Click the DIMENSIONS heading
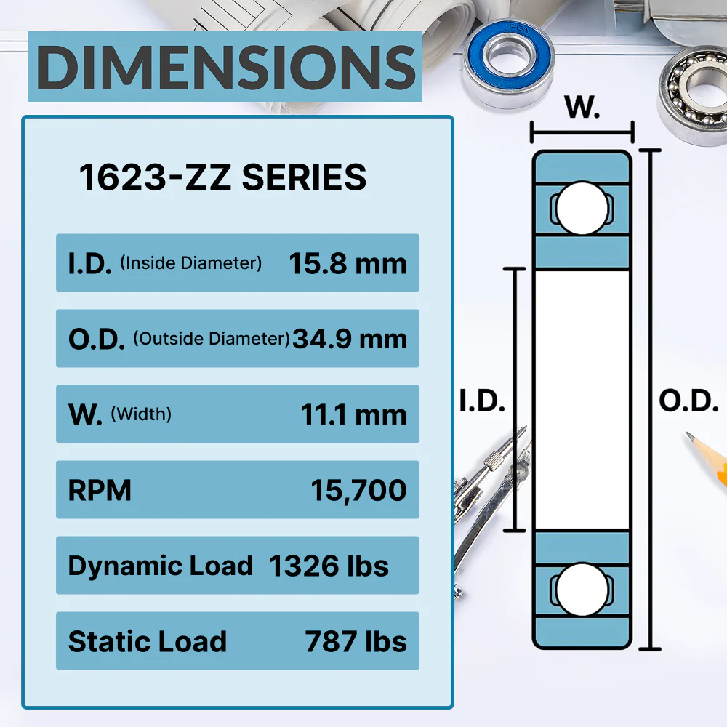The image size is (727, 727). [x=226, y=68]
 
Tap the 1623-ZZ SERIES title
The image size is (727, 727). [x=222, y=177]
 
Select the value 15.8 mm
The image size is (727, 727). [x=348, y=263]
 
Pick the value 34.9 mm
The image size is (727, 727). [x=350, y=339]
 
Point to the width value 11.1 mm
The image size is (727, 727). [x=353, y=414]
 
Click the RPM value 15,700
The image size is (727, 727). [x=358, y=490]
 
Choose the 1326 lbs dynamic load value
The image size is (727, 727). [x=329, y=566]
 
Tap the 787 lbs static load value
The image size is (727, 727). [x=356, y=641]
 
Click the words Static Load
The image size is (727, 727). [x=148, y=641]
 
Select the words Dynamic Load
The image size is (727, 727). [x=161, y=566]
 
